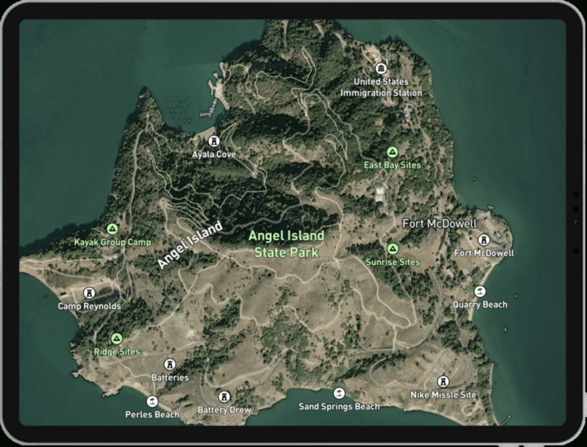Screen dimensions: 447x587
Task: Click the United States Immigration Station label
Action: tap(381, 87)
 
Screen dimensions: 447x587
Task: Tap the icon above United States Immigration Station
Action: tap(381, 68)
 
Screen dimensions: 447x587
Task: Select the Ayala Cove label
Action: tap(214, 154)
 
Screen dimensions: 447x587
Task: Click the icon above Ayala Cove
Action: tap(214, 141)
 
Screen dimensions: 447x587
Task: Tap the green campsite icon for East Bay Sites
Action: tap(392, 152)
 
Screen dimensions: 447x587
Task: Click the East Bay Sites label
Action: tap(392, 165)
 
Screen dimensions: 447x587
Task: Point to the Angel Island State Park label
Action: tap(286, 244)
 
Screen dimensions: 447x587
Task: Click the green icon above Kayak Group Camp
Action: tap(112, 229)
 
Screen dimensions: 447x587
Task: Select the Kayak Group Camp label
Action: tap(112, 242)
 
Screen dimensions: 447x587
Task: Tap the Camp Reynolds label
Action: tap(90, 306)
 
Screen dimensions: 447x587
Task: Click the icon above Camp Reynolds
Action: tap(90, 292)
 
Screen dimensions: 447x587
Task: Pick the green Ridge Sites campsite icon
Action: tap(116, 338)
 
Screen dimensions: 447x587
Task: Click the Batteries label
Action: tap(169, 377)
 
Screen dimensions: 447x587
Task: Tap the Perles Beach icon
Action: tap(152, 401)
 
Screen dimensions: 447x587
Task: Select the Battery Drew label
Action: tap(224, 410)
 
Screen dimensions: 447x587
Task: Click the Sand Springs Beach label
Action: tap(339, 407)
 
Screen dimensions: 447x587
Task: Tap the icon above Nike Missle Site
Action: tap(443, 381)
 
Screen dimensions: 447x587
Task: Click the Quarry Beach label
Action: tap(480, 304)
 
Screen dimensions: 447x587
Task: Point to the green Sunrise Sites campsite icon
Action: tap(393, 249)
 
